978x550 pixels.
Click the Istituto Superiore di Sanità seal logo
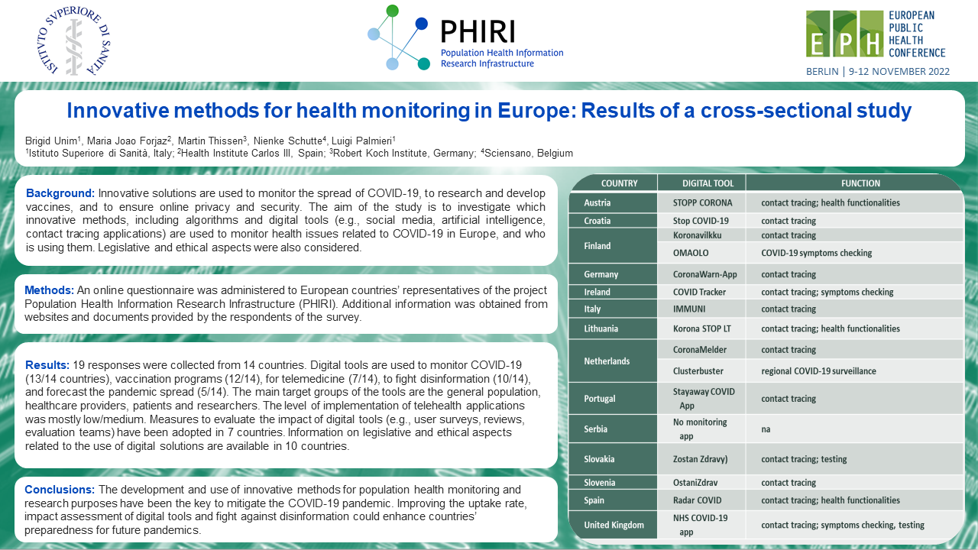tap(74, 41)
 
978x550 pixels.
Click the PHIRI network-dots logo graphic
tap(398, 38)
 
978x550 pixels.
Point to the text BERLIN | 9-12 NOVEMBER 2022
tap(878, 72)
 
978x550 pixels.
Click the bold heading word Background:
tap(60, 193)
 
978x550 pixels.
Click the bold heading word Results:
tap(48, 364)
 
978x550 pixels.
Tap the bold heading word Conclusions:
tap(60, 489)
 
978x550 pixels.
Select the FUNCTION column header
tap(860, 183)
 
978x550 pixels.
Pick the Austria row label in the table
tap(597, 203)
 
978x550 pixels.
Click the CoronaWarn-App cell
tap(704, 274)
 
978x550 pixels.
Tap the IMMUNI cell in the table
tap(690, 309)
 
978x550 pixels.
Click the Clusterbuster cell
tap(698, 371)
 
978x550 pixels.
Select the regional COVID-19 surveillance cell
tap(818, 371)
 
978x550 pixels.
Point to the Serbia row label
tap(596, 429)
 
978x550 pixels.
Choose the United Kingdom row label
tap(614, 525)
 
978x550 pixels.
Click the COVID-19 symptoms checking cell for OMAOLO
tap(816, 253)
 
